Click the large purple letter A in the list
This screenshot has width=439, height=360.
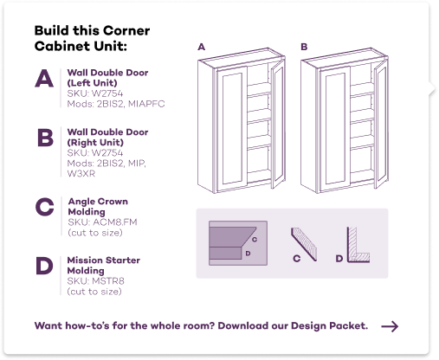tap(44, 78)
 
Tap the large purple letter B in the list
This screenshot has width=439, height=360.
tap(45, 138)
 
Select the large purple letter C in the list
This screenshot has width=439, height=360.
tap(45, 207)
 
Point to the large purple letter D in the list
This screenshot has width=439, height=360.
tap(44, 266)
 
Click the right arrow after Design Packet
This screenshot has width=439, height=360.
tap(390, 326)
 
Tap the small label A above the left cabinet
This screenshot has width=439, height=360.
tap(202, 47)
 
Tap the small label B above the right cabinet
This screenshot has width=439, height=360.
tap(304, 47)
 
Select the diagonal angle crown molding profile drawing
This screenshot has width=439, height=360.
tap(304, 244)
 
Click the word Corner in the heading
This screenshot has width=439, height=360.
tap(126, 30)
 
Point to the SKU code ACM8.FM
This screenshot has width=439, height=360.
tap(115, 222)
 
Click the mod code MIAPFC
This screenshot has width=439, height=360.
tap(146, 104)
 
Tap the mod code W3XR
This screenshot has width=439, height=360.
tap(81, 174)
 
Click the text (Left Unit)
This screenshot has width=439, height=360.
tap(93, 83)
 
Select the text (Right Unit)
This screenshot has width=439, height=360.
tap(95, 143)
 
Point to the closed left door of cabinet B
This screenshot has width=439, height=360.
tap(335, 128)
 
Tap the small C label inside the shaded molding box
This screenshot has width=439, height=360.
tap(255, 240)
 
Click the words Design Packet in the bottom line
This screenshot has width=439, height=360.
tap(329, 326)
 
